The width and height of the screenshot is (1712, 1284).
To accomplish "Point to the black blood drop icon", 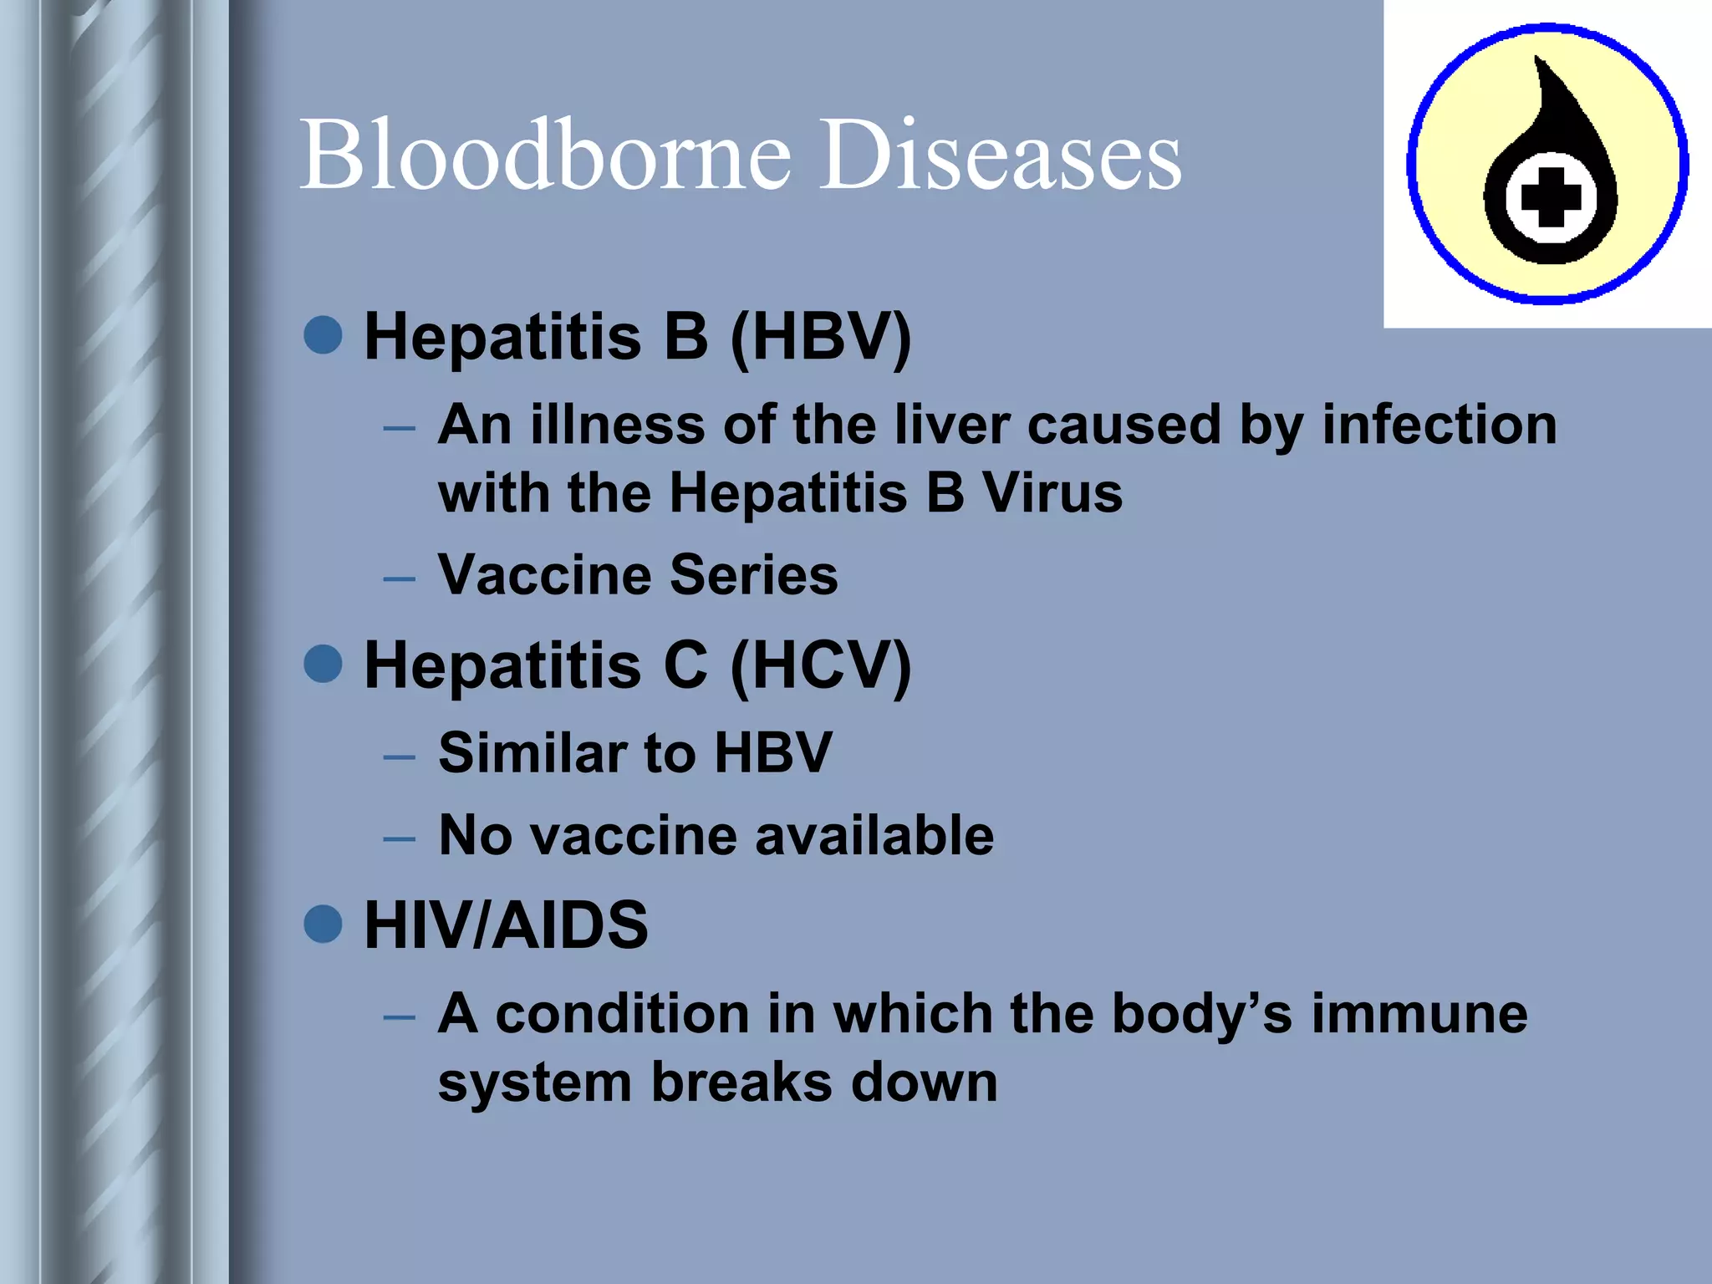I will [x=1551, y=167].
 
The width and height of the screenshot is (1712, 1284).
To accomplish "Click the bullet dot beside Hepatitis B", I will [x=324, y=336].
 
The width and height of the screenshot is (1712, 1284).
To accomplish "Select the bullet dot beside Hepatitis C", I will [x=324, y=665].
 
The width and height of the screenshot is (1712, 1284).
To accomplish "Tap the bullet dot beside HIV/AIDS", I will [x=324, y=925].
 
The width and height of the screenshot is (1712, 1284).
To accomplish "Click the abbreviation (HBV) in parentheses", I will [x=821, y=337].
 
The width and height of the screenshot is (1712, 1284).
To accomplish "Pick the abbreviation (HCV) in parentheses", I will [x=821, y=665].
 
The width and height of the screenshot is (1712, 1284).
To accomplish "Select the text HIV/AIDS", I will [x=506, y=925].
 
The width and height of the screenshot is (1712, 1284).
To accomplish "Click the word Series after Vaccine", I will [x=753, y=575].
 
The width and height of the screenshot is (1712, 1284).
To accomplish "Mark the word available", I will [x=874, y=835].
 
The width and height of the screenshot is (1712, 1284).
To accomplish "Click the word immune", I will [x=1419, y=1014].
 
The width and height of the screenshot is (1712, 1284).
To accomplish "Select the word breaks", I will [x=741, y=1083].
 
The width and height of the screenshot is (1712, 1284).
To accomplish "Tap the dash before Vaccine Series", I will [x=400, y=578].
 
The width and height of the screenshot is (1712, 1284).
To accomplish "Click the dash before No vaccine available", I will [x=400, y=838].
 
